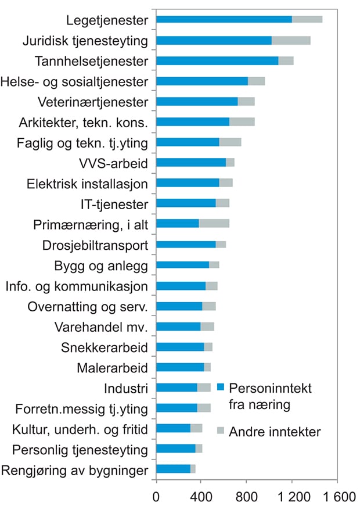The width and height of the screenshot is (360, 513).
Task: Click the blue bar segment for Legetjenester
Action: point(224,20)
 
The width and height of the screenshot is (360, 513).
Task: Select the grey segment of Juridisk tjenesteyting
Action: point(291,40)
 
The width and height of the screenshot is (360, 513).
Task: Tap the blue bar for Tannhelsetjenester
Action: point(217,60)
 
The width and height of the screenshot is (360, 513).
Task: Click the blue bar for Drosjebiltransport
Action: point(186,244)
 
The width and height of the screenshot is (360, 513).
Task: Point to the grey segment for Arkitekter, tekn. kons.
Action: point(242,121)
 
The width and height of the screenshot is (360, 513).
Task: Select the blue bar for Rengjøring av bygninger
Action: point(173,469)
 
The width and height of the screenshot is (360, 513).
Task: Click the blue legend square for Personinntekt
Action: point(220,387)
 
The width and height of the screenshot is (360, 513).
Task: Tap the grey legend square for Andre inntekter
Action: point(220,431)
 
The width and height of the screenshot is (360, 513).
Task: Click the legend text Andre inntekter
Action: point(275,432)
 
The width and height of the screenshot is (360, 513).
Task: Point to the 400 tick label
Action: point(201,498)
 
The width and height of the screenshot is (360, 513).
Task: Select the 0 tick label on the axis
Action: point(156,498)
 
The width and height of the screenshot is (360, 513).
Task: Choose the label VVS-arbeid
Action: point(116,162)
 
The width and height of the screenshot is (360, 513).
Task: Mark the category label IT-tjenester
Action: point(114,203)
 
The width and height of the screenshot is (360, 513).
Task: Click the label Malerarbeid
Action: point(112,367)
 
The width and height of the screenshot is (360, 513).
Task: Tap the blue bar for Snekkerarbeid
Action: point(180,346)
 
